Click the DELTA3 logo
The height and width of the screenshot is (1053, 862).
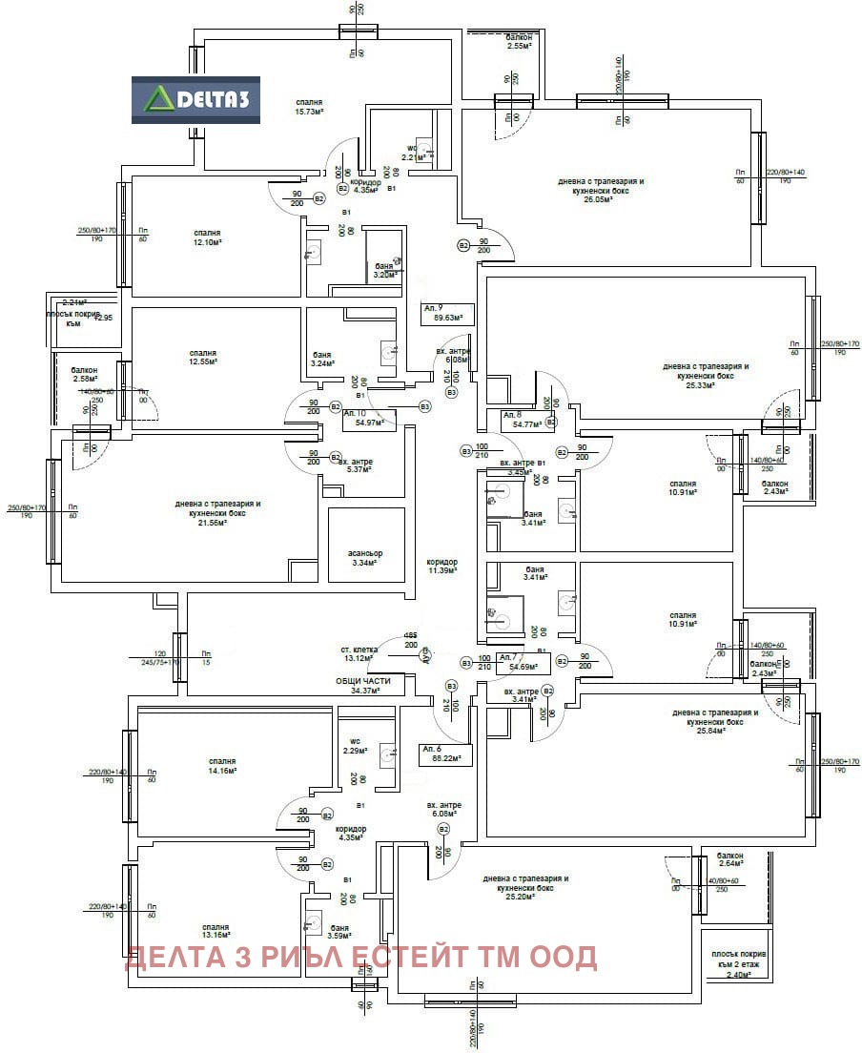tap(195, 100)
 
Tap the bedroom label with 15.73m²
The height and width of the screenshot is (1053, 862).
tap(309, 106)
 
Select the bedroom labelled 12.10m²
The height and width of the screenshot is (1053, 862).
tap(207, 237)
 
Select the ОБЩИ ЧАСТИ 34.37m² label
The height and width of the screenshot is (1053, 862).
tap(370, 685)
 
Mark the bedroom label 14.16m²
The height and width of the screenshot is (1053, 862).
tap(221, 766)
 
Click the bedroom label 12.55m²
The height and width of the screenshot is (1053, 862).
tap(202, 357)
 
